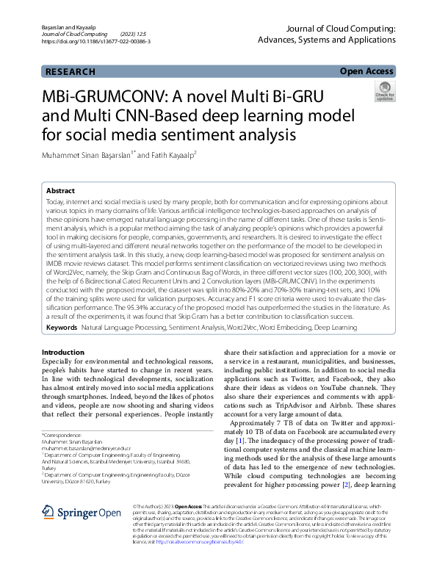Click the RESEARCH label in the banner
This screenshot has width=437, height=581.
(71, 71)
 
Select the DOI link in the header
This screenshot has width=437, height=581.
(96, 42)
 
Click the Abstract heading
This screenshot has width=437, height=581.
(60, 189)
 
